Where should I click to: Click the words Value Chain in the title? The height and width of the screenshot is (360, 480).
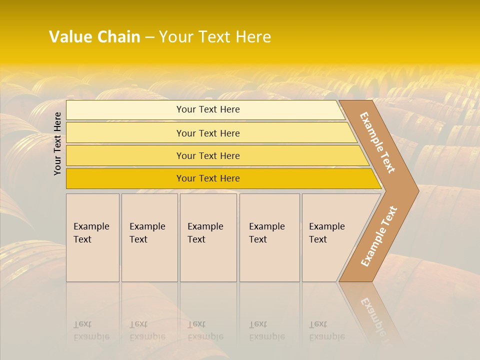point(94,37)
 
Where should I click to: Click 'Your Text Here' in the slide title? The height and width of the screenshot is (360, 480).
point(215,37)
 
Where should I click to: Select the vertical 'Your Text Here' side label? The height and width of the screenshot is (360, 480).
point(57,144)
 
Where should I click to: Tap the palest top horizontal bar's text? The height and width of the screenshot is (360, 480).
point(208,109)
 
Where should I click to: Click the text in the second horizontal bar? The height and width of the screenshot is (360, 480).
point(208,133)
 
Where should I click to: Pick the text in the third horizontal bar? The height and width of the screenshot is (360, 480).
point(208,156)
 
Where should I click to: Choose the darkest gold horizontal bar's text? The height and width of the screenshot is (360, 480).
point(208,178)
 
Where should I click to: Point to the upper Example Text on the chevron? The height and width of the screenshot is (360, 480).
point(377,142)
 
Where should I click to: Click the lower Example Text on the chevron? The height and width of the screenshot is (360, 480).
point(379,236)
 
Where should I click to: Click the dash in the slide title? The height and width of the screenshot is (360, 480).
point(149,37)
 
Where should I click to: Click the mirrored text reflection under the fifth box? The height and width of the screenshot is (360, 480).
point(326,331)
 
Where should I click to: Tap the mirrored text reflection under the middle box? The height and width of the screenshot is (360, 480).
point(205,331)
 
